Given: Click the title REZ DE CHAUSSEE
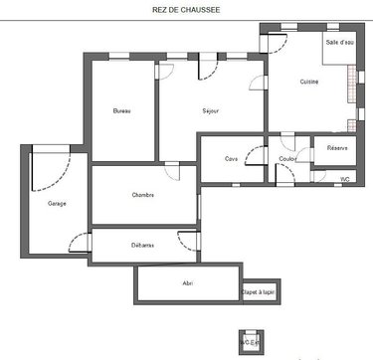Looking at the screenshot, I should point(185,11).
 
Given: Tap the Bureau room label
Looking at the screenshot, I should point(121,110).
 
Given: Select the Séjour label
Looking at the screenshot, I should point(211,110).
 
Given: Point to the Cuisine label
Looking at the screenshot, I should point(309,83).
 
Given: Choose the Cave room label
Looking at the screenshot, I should point(231,158).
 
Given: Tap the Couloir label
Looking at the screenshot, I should point(288,158).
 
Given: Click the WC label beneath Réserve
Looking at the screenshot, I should point(345,179).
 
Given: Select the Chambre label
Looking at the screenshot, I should point(143,195).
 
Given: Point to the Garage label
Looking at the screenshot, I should point(57,204).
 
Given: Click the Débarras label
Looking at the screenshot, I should point(141,245).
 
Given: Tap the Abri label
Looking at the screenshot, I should point(188,283).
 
